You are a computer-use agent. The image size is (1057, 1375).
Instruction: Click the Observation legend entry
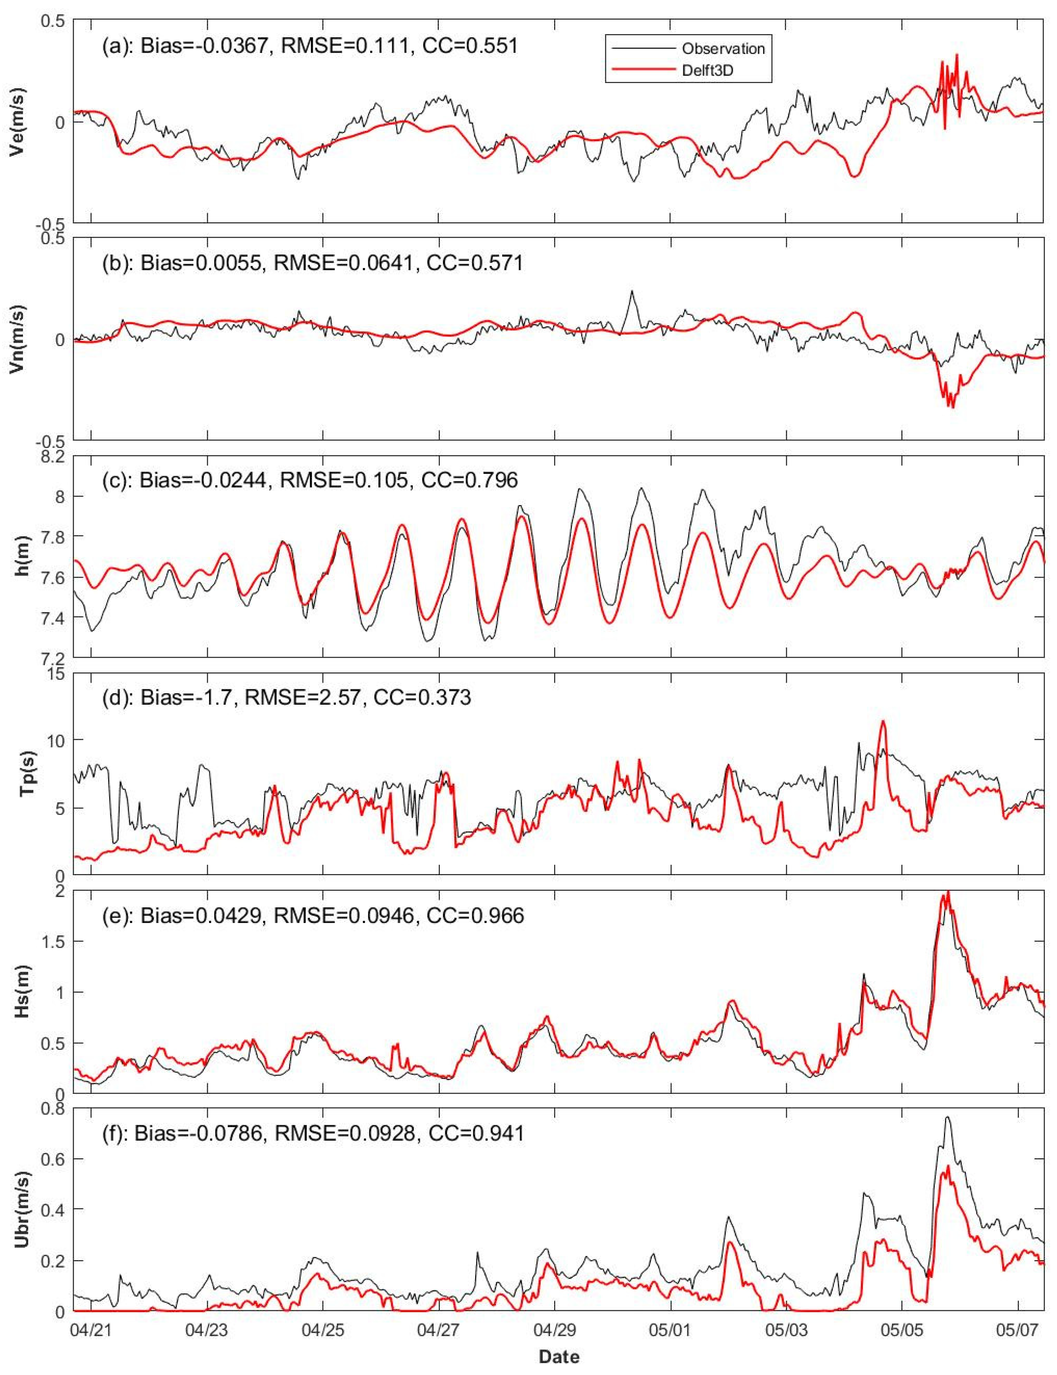[722, 49]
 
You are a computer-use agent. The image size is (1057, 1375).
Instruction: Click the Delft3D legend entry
[708, 71]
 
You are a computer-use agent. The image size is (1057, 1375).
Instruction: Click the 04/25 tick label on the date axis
[323, 1331]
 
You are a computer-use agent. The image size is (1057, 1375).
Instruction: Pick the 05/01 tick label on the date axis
[671, 1331]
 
